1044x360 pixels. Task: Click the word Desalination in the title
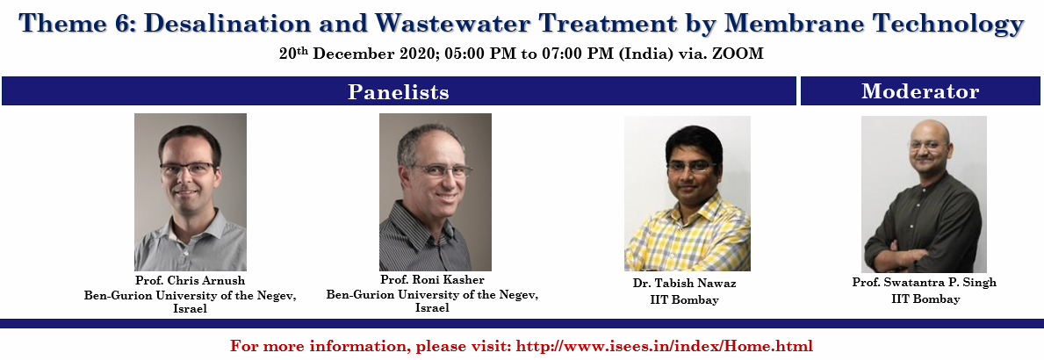227,24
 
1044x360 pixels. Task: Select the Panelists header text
398,92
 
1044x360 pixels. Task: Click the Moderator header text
920,91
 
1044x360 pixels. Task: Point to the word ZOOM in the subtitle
738,54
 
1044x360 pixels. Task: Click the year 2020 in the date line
418,54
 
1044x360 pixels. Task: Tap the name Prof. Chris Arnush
190,280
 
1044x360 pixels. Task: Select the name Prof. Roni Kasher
432,279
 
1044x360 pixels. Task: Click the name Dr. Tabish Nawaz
685,284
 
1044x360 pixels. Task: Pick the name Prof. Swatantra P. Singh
925,283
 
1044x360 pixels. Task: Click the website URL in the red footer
665,346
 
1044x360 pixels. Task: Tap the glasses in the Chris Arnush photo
189,169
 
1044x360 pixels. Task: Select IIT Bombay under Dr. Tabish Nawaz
685,300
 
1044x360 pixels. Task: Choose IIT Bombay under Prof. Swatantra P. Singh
925,299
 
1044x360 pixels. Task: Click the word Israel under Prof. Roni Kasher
432,308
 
